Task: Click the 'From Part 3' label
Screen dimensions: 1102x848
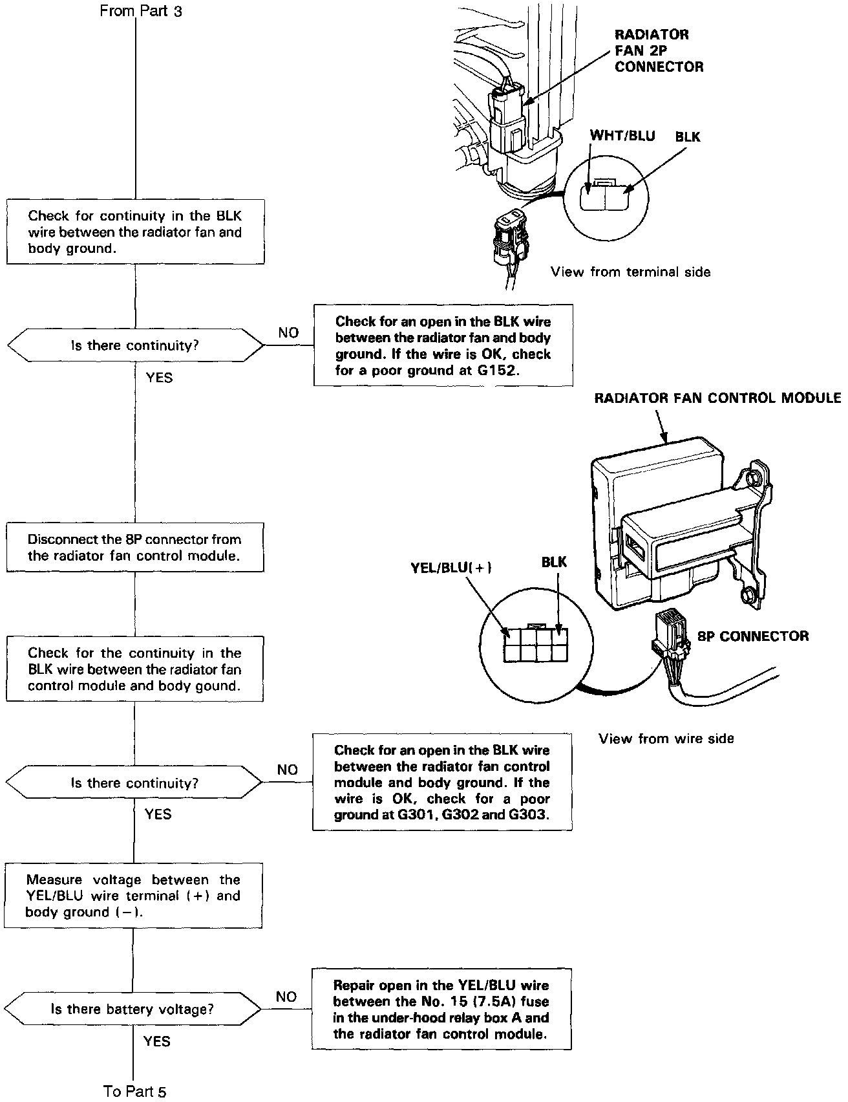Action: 141,11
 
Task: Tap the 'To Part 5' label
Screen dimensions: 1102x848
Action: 134,1091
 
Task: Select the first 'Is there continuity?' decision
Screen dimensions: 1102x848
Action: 135,345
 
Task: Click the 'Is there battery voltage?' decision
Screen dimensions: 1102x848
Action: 132,1009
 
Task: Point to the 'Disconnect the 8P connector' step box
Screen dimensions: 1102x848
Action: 135,548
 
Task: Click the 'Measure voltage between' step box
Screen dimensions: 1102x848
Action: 133,896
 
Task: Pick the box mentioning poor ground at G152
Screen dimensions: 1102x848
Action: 443,346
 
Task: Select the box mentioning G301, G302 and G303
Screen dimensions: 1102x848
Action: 442,782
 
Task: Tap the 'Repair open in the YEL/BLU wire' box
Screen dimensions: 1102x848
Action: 441,1009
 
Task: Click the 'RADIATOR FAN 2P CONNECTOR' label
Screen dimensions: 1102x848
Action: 659,50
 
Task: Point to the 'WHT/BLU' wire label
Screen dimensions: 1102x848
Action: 622,136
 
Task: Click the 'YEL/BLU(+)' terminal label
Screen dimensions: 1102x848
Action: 451,568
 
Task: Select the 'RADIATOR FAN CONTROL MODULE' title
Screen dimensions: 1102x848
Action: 717,397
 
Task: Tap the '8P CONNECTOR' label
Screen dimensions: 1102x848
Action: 752,636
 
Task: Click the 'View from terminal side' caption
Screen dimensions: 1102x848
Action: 630,272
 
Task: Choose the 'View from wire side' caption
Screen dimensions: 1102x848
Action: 666,739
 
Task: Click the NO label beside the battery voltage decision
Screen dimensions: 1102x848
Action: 286,997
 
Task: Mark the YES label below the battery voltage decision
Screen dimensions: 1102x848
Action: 157,1041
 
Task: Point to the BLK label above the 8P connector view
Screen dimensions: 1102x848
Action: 554,562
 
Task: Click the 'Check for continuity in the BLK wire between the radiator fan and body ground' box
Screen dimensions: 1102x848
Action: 135,232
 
